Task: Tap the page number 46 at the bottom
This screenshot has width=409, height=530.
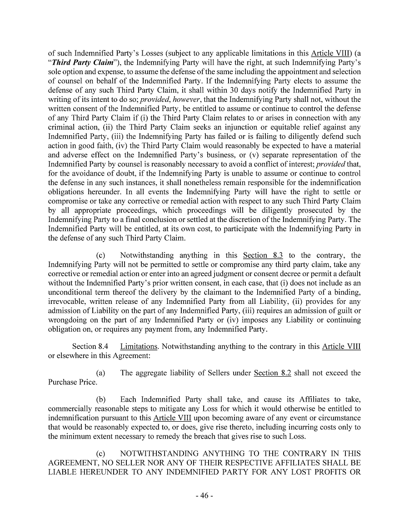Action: point(204,495)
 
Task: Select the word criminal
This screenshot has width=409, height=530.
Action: point(63,127)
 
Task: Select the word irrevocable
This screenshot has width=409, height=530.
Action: point(66,301)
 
